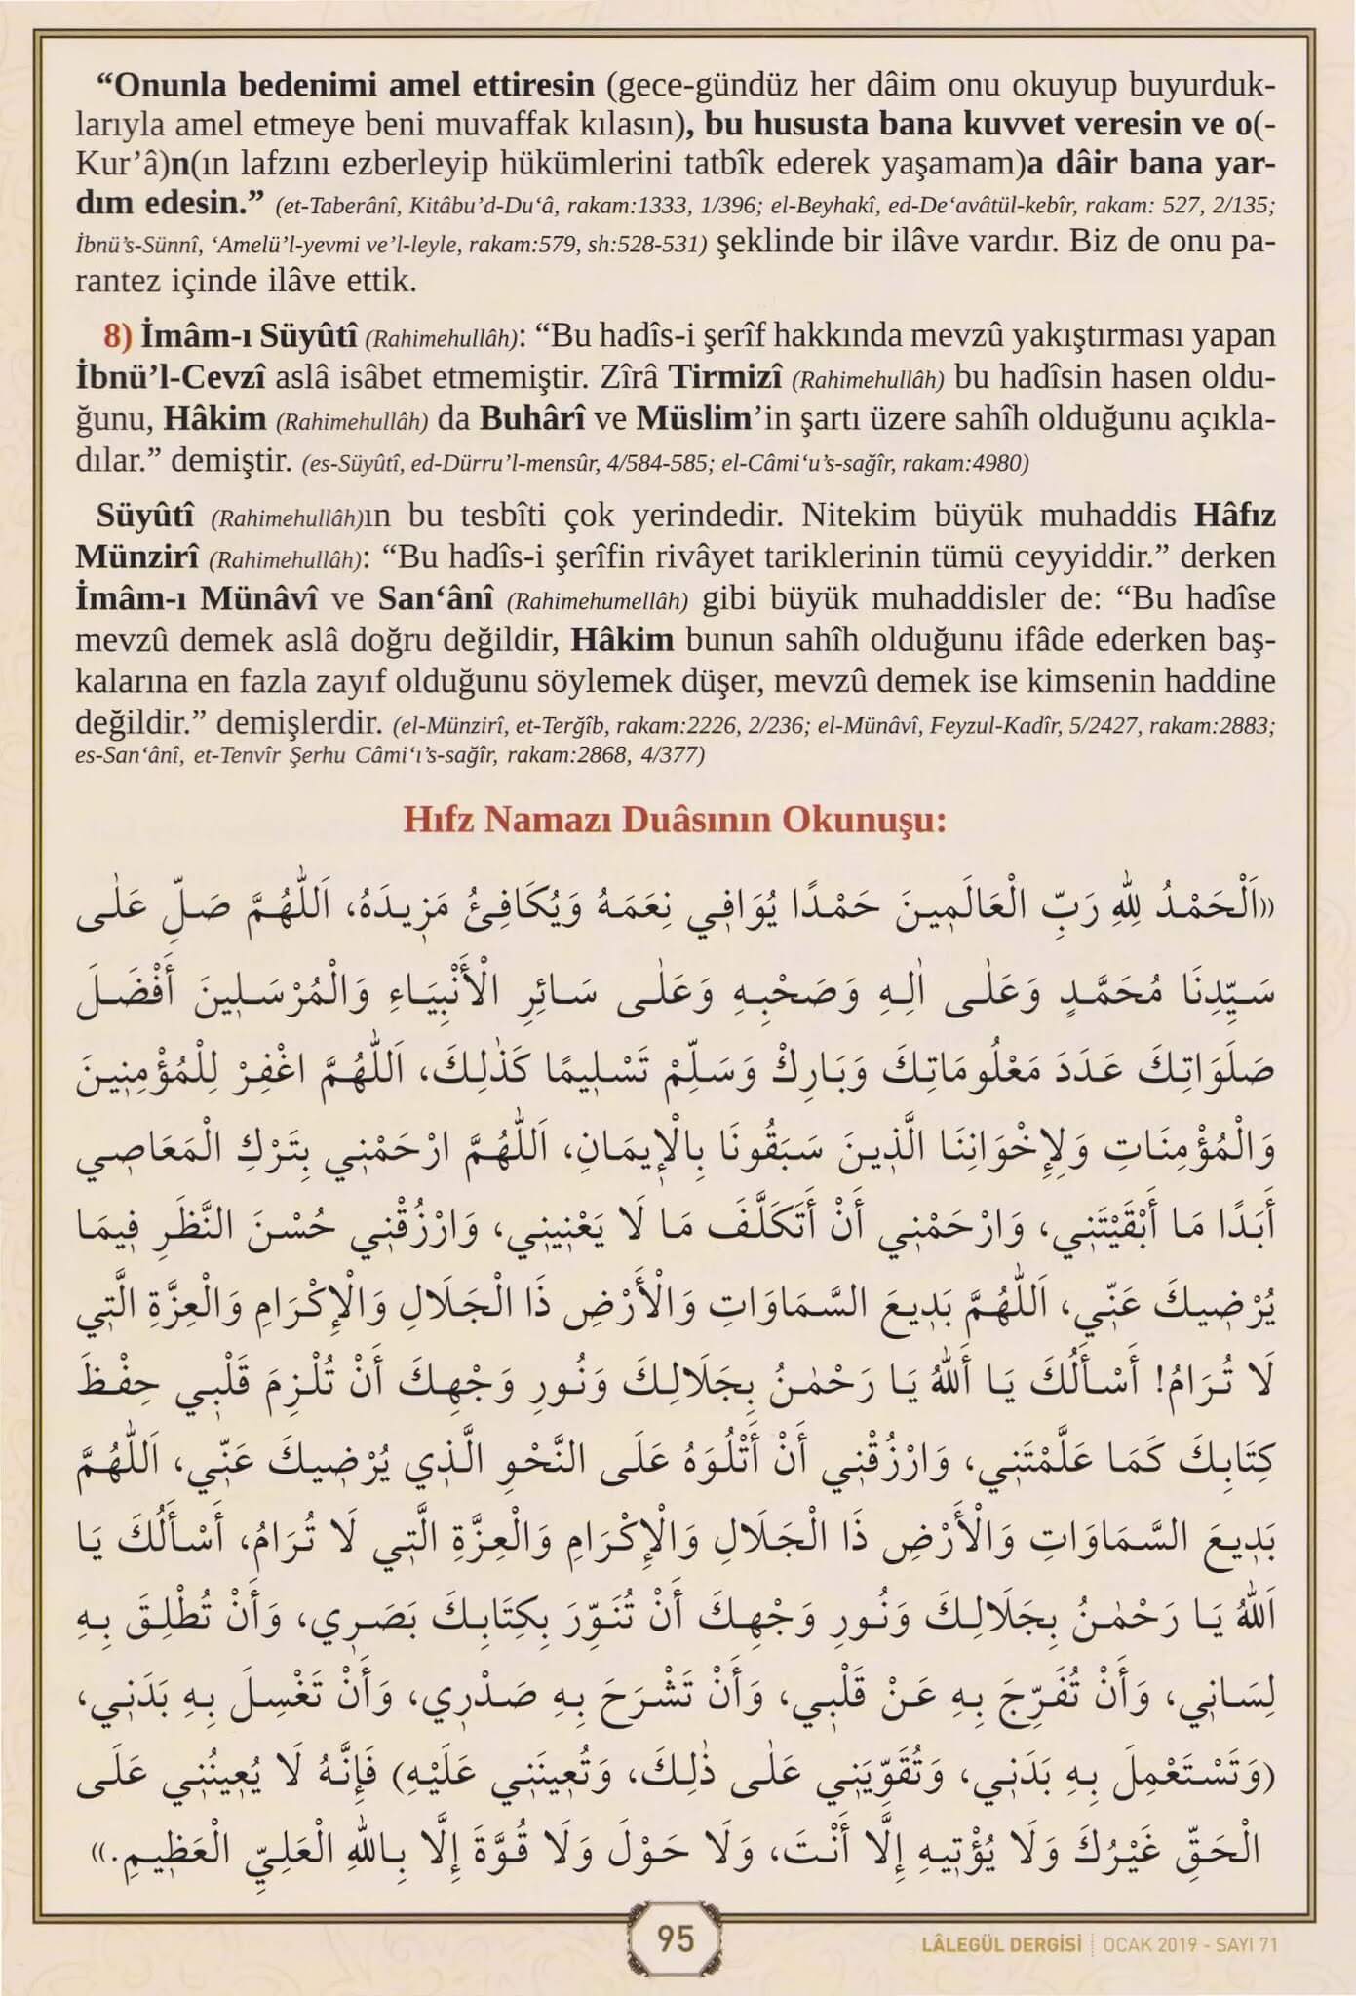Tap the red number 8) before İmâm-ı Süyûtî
(x=117, y=336)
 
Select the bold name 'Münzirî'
(x=137, y=557)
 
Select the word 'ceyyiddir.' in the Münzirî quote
(x=1068, y=557)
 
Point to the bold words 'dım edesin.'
(x=171, y=205)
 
